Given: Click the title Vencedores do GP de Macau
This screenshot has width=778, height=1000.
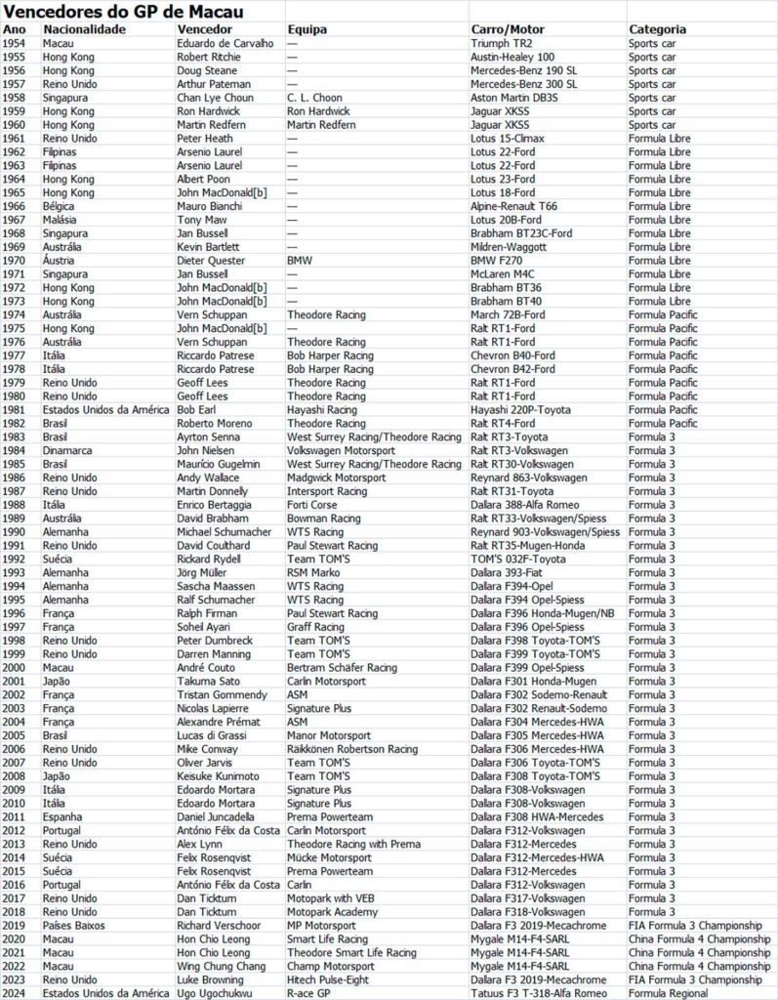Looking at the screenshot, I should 123,12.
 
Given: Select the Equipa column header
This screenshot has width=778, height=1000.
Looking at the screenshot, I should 307,29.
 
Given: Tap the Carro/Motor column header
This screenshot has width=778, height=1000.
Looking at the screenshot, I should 509,29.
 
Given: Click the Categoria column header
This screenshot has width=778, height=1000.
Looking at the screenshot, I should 657,29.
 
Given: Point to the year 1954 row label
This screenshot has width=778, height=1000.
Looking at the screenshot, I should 15,44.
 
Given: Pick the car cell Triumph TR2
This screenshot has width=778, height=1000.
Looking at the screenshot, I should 504,44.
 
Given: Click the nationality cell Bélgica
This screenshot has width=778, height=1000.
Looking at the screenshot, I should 59,207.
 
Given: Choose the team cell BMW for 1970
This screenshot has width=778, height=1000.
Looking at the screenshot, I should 300,261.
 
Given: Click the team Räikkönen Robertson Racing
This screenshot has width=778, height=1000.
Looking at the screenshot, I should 352,749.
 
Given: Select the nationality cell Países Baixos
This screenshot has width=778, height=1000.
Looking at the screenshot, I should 73,925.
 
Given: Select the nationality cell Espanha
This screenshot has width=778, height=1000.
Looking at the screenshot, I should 62,816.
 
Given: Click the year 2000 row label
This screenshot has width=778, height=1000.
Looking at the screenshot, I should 15,668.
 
